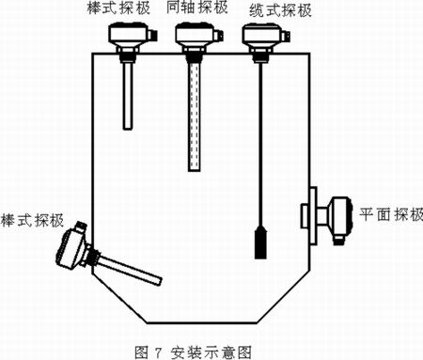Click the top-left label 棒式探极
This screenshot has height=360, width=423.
(118, 8)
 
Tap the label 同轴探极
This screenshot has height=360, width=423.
(197, 8)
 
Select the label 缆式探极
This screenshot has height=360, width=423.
(280, 11)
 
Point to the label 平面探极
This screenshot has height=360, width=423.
(391, 215)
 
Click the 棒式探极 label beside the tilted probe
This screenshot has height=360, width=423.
(32, 220)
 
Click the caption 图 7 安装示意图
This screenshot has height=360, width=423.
(193, 352)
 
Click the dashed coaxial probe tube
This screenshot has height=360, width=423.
(195, 117)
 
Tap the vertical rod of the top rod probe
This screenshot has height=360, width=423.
(128, 96)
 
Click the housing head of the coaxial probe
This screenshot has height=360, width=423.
(195, 34)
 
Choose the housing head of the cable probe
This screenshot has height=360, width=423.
(261, 35)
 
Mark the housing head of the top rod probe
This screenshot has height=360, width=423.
(129, 34)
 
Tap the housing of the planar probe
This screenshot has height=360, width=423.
(339, 217)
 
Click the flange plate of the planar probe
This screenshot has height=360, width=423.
(313, 215)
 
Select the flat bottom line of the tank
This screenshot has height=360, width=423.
(202, 322)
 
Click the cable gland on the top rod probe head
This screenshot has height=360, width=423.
(152, 35)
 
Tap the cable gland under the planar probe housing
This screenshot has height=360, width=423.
(337, 241)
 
